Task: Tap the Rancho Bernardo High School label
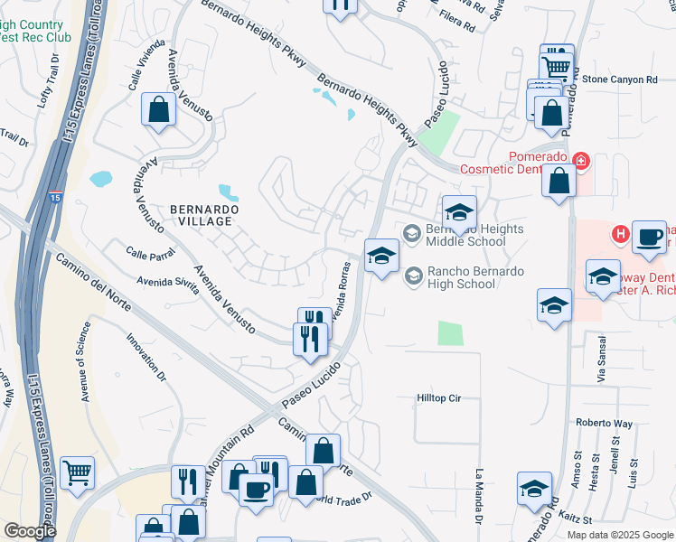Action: coord(461,276)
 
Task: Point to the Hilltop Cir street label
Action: coord(438,397)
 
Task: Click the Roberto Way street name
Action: coord(605,423)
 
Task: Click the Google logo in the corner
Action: coord(29,530)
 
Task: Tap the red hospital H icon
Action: coord(620,235)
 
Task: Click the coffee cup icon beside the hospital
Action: coord(649,237)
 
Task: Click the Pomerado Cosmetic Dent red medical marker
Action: coord(580,162)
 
